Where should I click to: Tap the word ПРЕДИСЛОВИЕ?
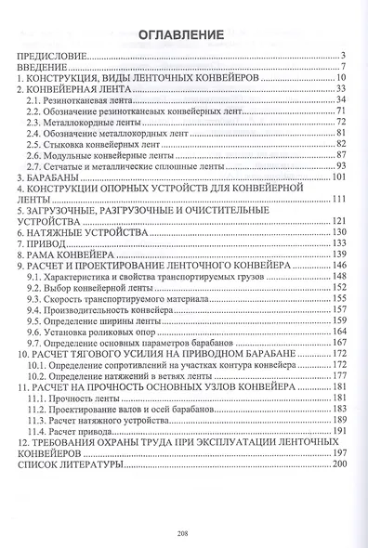[55, 57]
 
